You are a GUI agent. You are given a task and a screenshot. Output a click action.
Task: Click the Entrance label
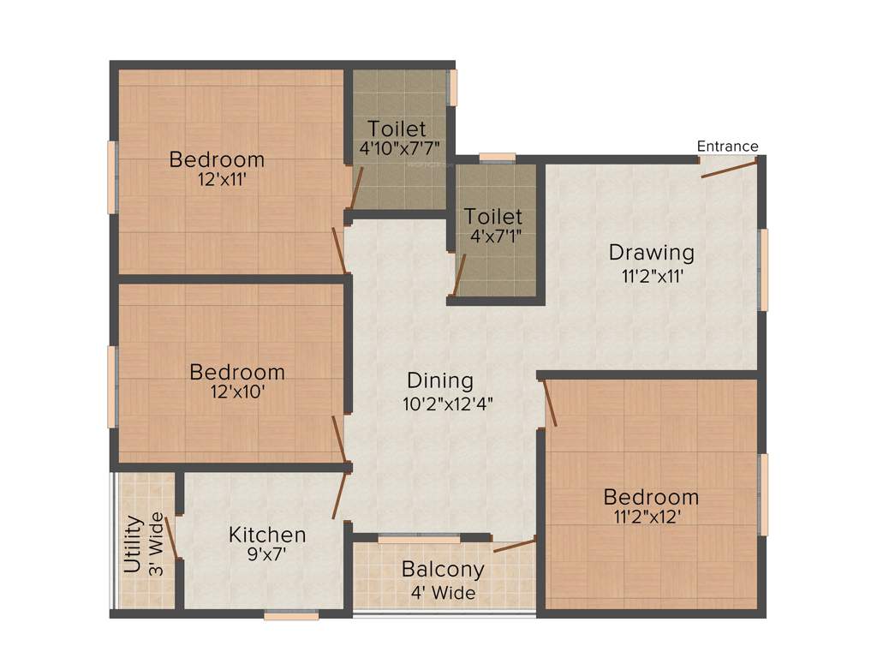(727, 147)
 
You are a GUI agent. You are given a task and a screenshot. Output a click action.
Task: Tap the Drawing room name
(651, 253)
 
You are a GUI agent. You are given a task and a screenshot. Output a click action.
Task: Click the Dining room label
(439, 380)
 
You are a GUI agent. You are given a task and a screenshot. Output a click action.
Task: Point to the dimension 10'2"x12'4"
(448, 404)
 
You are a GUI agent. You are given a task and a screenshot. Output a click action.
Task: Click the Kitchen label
(267, 535)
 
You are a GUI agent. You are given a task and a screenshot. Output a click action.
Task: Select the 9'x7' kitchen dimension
(267, 555)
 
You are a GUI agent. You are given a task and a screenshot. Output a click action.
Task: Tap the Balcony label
(443, 570)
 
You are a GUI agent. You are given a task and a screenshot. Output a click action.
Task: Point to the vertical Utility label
(133, 544)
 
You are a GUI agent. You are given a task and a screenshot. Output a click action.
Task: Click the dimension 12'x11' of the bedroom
(217, 181)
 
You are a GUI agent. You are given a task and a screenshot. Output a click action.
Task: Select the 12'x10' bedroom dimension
(237, 393)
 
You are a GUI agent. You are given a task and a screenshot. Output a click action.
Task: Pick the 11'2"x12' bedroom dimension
(651, 517)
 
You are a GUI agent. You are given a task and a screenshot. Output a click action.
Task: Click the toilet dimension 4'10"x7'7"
(400, 149)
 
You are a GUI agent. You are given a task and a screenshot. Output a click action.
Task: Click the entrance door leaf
(729, 168)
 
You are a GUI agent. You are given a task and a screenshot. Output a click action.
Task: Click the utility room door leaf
(170, 537)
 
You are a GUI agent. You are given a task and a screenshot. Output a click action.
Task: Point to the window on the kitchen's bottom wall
(291, 613)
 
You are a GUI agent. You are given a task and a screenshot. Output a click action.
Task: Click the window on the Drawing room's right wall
(763, 270)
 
